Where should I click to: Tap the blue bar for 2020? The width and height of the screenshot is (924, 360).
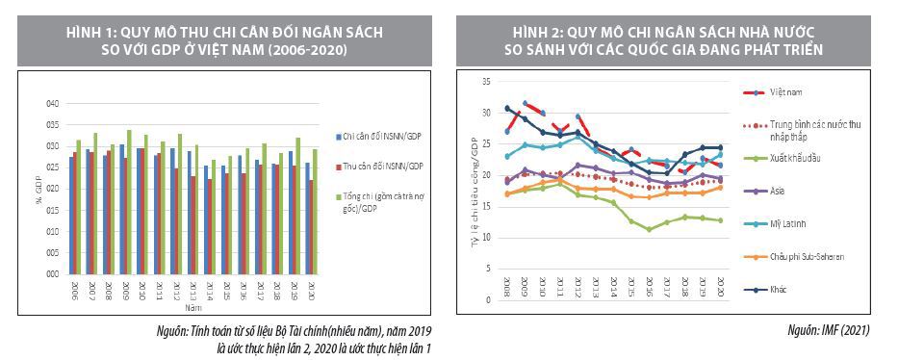307,218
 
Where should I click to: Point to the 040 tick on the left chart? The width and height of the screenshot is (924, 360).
52,104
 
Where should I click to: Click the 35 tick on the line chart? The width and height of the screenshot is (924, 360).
486,83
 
